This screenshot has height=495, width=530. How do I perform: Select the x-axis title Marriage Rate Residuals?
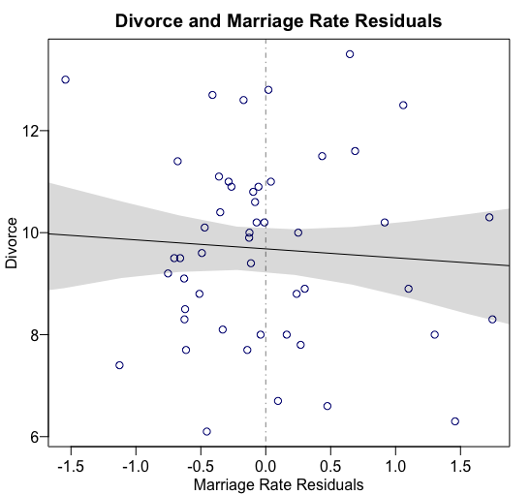(279, 483)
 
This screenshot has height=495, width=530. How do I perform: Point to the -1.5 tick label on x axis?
(70, 465)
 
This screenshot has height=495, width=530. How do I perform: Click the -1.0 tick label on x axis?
(135, 465)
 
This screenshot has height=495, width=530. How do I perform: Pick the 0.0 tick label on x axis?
(265, 465)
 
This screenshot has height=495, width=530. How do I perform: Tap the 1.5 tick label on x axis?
(461, 465)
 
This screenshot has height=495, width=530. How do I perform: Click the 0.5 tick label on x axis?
(330, 465)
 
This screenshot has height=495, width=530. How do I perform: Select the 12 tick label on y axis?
(29, 131)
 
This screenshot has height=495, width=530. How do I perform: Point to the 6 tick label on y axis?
(33, 437)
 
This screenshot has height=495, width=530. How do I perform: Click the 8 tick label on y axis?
(33, 335)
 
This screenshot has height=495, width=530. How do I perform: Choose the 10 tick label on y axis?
(29, 232)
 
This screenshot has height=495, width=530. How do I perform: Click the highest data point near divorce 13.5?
(350, 54)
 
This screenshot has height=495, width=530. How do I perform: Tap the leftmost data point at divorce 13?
(65, 79)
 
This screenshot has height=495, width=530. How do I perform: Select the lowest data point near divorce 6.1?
(206, 432)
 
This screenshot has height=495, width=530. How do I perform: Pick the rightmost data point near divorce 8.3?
(492, 319)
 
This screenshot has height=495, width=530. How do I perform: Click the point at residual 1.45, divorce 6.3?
(454, 421)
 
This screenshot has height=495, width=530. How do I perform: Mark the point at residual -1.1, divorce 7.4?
(119, 365)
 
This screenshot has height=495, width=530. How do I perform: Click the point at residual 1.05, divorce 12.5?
(403, 105)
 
